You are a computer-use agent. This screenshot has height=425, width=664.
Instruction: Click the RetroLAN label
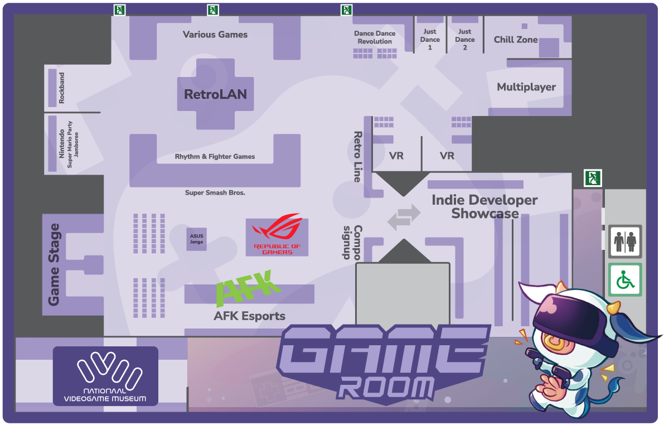tap(215, 94)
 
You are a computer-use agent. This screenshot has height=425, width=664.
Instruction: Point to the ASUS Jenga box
tap(197, 239)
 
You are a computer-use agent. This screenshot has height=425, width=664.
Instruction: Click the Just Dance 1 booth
tap(430, 39)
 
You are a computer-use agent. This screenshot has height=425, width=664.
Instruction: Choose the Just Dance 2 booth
tap(464, 39)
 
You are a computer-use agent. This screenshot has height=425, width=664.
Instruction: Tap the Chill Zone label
tap(516, 40)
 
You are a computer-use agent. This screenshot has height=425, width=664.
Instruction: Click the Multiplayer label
tap(526, 87)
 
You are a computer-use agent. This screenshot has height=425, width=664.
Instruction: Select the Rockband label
tap(61, 88)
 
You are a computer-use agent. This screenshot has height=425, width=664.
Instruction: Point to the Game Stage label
tap(54, 264)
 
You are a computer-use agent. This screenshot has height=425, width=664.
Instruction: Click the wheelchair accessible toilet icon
tap(625, 279)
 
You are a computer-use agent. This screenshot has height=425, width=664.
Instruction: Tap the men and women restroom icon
tap(625, 242)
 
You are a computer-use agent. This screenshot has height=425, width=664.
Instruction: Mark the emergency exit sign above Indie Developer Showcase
tap(592, 178)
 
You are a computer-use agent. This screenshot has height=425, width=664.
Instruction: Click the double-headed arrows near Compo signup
tap(404, 217)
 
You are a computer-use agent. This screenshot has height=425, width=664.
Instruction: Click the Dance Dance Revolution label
tap(375, 37)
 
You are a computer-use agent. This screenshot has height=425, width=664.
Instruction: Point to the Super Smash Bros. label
tap(215, 193)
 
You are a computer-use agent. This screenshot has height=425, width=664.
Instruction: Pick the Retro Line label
tap(357, 157)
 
